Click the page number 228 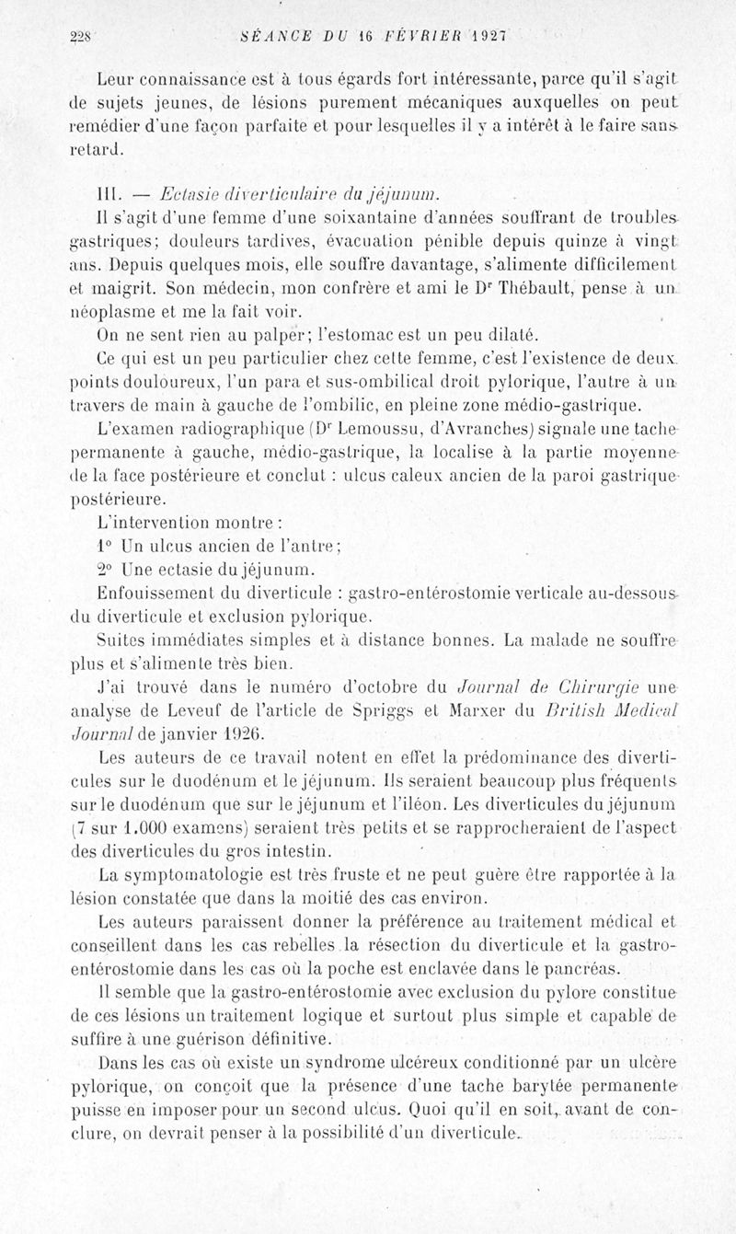pos(83,37)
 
